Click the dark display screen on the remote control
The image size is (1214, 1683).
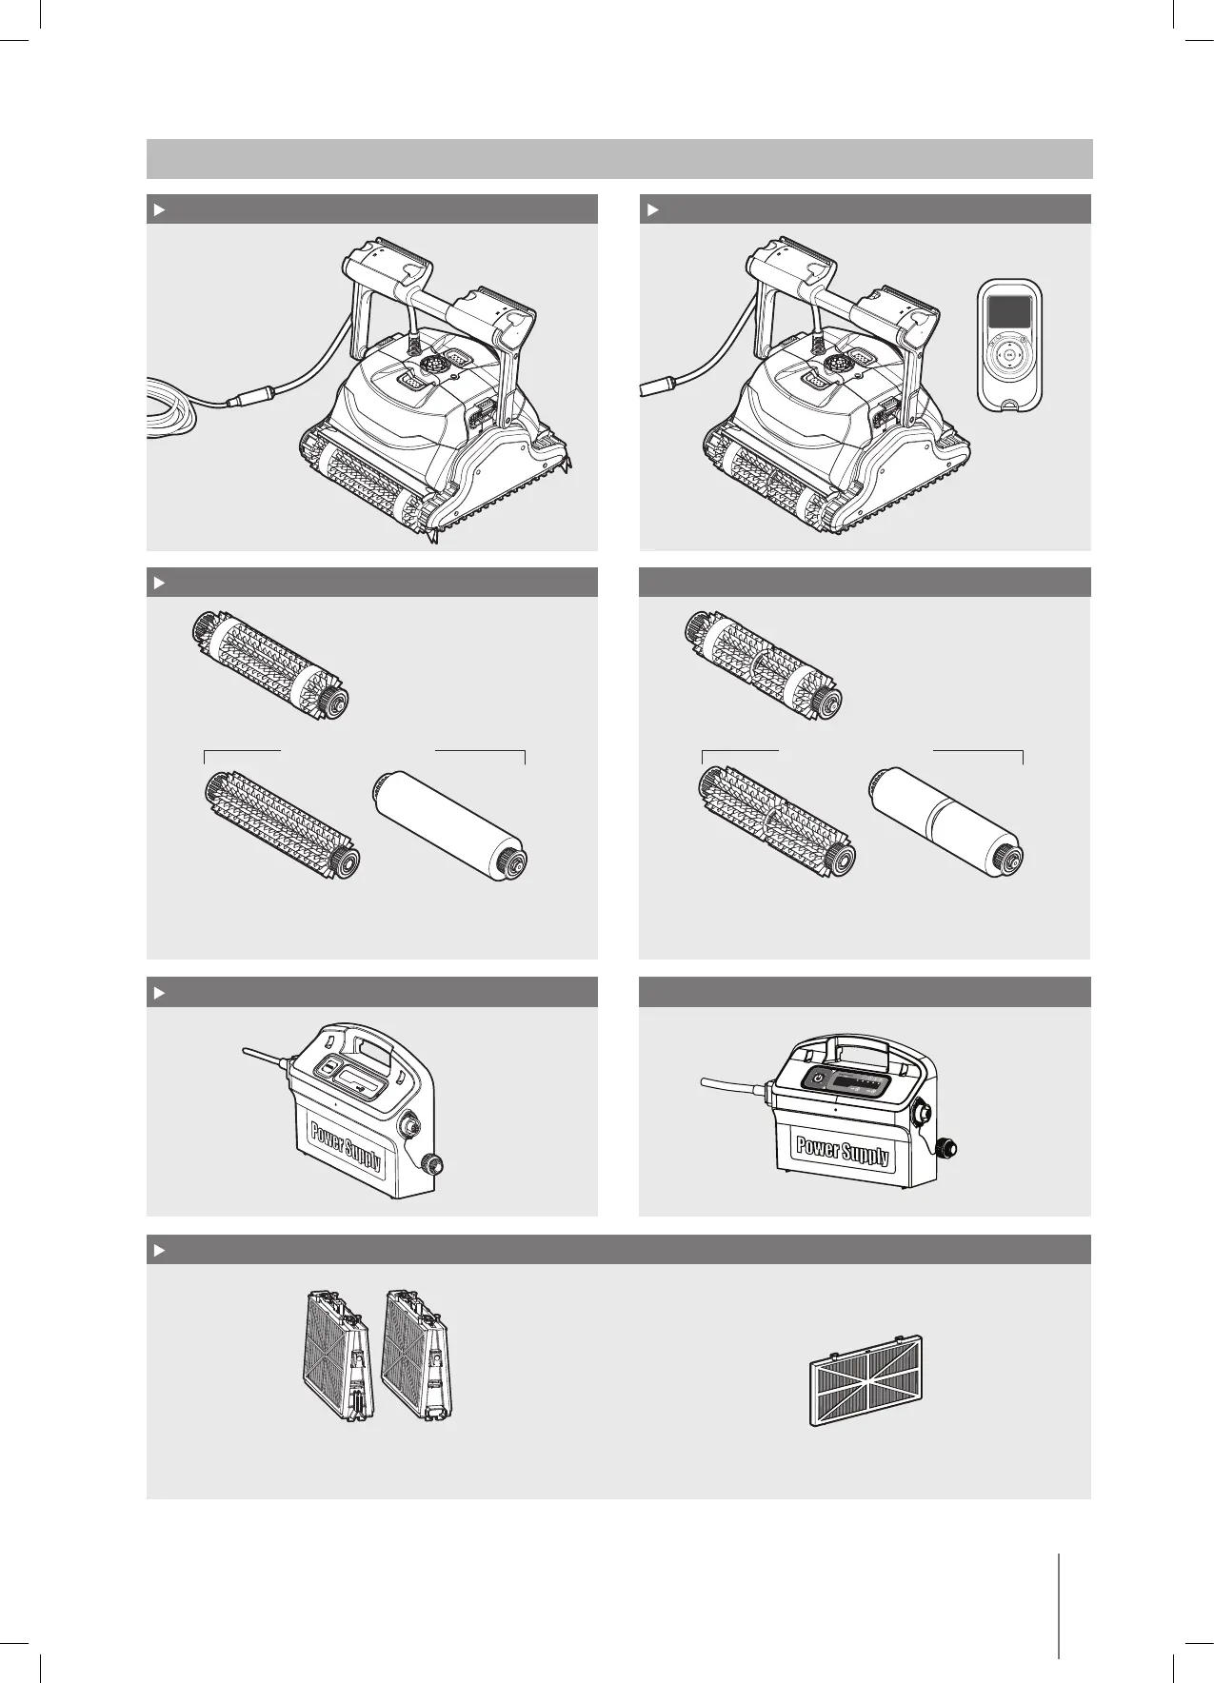pos(1008,312)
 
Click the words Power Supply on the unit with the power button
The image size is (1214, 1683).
pos(844,1150)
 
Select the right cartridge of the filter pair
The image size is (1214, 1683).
pos(416,1356)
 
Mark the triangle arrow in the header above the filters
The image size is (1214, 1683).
pos(160,1250)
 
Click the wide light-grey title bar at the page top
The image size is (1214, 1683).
pos(619,159)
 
